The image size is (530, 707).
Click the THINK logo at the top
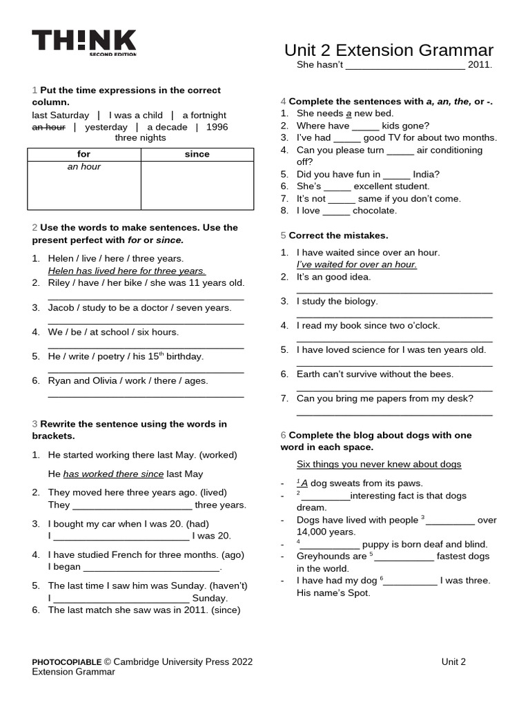(84, 43)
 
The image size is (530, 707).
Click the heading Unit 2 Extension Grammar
(389, 50)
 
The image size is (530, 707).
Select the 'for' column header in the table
(84, 154)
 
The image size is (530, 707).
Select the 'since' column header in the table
(197, 154)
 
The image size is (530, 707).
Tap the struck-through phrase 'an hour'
(48, 127)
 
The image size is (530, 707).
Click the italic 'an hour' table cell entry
(84, 166)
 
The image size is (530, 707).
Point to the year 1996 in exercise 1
(217, 127)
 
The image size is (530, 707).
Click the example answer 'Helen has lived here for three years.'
(126, 271)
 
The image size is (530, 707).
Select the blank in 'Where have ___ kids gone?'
(365, 126)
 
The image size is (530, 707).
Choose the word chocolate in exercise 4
(375, 211)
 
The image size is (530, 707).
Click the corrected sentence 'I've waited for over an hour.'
(356, 264)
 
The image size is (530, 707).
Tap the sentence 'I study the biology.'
(337, 301)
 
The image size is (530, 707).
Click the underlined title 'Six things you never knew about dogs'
(379, 464)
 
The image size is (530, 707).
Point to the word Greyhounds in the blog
(321, 556)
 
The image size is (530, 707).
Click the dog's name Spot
(357, 592)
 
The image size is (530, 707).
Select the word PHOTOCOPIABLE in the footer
(67, 661)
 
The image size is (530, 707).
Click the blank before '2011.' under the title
(404, 65)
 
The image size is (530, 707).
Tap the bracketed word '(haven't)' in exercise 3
(223, 585)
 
